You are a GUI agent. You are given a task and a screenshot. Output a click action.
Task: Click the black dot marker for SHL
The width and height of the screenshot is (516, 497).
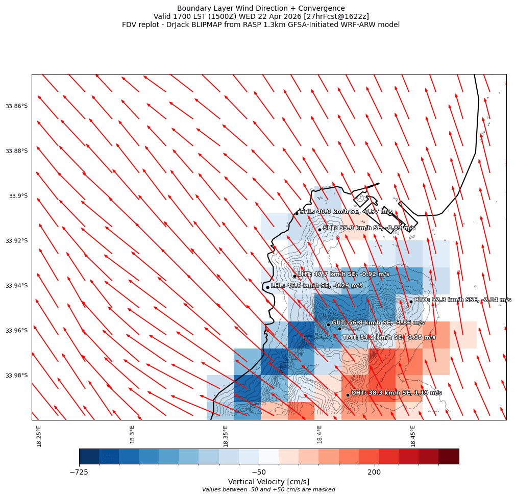coord(297,213)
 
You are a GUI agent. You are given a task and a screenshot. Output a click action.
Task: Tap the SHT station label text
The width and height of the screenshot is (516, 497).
coord(369,228)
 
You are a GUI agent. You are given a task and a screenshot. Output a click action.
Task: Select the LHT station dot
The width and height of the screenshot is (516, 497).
coord(294,276)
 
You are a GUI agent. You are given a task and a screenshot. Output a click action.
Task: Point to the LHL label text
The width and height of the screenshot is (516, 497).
coord(316,286)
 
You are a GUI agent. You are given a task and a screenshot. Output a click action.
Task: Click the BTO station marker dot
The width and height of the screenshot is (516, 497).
coord(411,302)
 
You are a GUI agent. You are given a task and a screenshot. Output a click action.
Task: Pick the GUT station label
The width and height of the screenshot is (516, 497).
coord(378,322)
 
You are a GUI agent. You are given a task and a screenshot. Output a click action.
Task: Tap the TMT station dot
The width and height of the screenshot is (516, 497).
coord(339,329)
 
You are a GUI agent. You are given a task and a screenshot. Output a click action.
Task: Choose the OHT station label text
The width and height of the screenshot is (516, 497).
coord(396,393)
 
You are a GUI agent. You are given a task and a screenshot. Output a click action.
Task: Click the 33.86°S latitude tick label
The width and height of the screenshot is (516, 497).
coord(16,106)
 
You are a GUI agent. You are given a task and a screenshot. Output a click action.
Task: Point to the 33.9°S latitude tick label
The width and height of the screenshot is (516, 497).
coord(18,196)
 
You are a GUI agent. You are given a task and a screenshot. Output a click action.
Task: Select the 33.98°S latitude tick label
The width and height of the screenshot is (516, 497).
coord(16,376)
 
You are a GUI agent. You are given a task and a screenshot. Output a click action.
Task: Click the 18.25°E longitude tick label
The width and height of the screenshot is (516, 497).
coord(39,436)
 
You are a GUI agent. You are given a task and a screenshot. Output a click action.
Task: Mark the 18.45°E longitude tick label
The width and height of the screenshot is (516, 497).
coord(413,436)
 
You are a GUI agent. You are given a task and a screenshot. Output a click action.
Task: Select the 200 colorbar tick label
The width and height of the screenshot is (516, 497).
coord(374,473)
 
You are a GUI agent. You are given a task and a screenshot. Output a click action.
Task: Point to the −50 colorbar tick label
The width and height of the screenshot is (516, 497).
coord(259,473)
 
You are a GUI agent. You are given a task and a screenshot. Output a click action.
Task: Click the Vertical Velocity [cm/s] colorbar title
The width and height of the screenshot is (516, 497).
coord(268,482)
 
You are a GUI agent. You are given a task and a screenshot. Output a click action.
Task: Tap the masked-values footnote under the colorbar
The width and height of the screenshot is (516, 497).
coord(268,490)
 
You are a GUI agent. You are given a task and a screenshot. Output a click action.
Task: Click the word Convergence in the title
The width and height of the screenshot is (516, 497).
coord(322,8)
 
